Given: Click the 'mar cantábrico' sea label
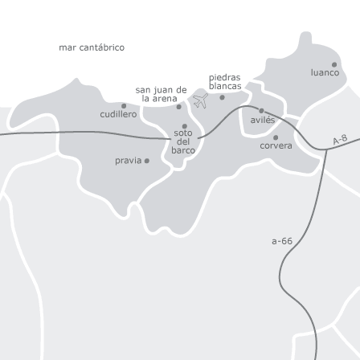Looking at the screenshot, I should point(92,47).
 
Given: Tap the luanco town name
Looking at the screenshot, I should point(325,72).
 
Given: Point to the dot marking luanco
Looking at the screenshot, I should point(334,64).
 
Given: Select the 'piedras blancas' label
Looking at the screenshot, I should point(225,81).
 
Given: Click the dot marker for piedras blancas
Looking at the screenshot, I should point(223,97).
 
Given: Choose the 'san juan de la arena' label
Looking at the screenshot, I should point(161,93).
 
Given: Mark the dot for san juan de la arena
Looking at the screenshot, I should point(179,106).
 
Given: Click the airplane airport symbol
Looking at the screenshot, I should point(200,100).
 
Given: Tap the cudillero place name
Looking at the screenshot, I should point(118,114).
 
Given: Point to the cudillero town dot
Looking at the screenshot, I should point(124,105).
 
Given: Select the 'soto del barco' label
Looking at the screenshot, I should point(183,141).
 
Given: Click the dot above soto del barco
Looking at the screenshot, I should point(185,125).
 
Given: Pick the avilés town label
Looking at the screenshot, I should point(262,120).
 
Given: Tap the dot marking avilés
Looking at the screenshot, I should point(261,111).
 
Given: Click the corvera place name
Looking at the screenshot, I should point(276,145).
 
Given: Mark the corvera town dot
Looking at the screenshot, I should point(276,137).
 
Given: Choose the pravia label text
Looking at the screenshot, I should point(128,161).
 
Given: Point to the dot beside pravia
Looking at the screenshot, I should point(146,161).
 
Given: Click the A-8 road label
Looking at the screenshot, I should point(340,140).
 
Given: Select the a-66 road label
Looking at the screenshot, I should point(282,240).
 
